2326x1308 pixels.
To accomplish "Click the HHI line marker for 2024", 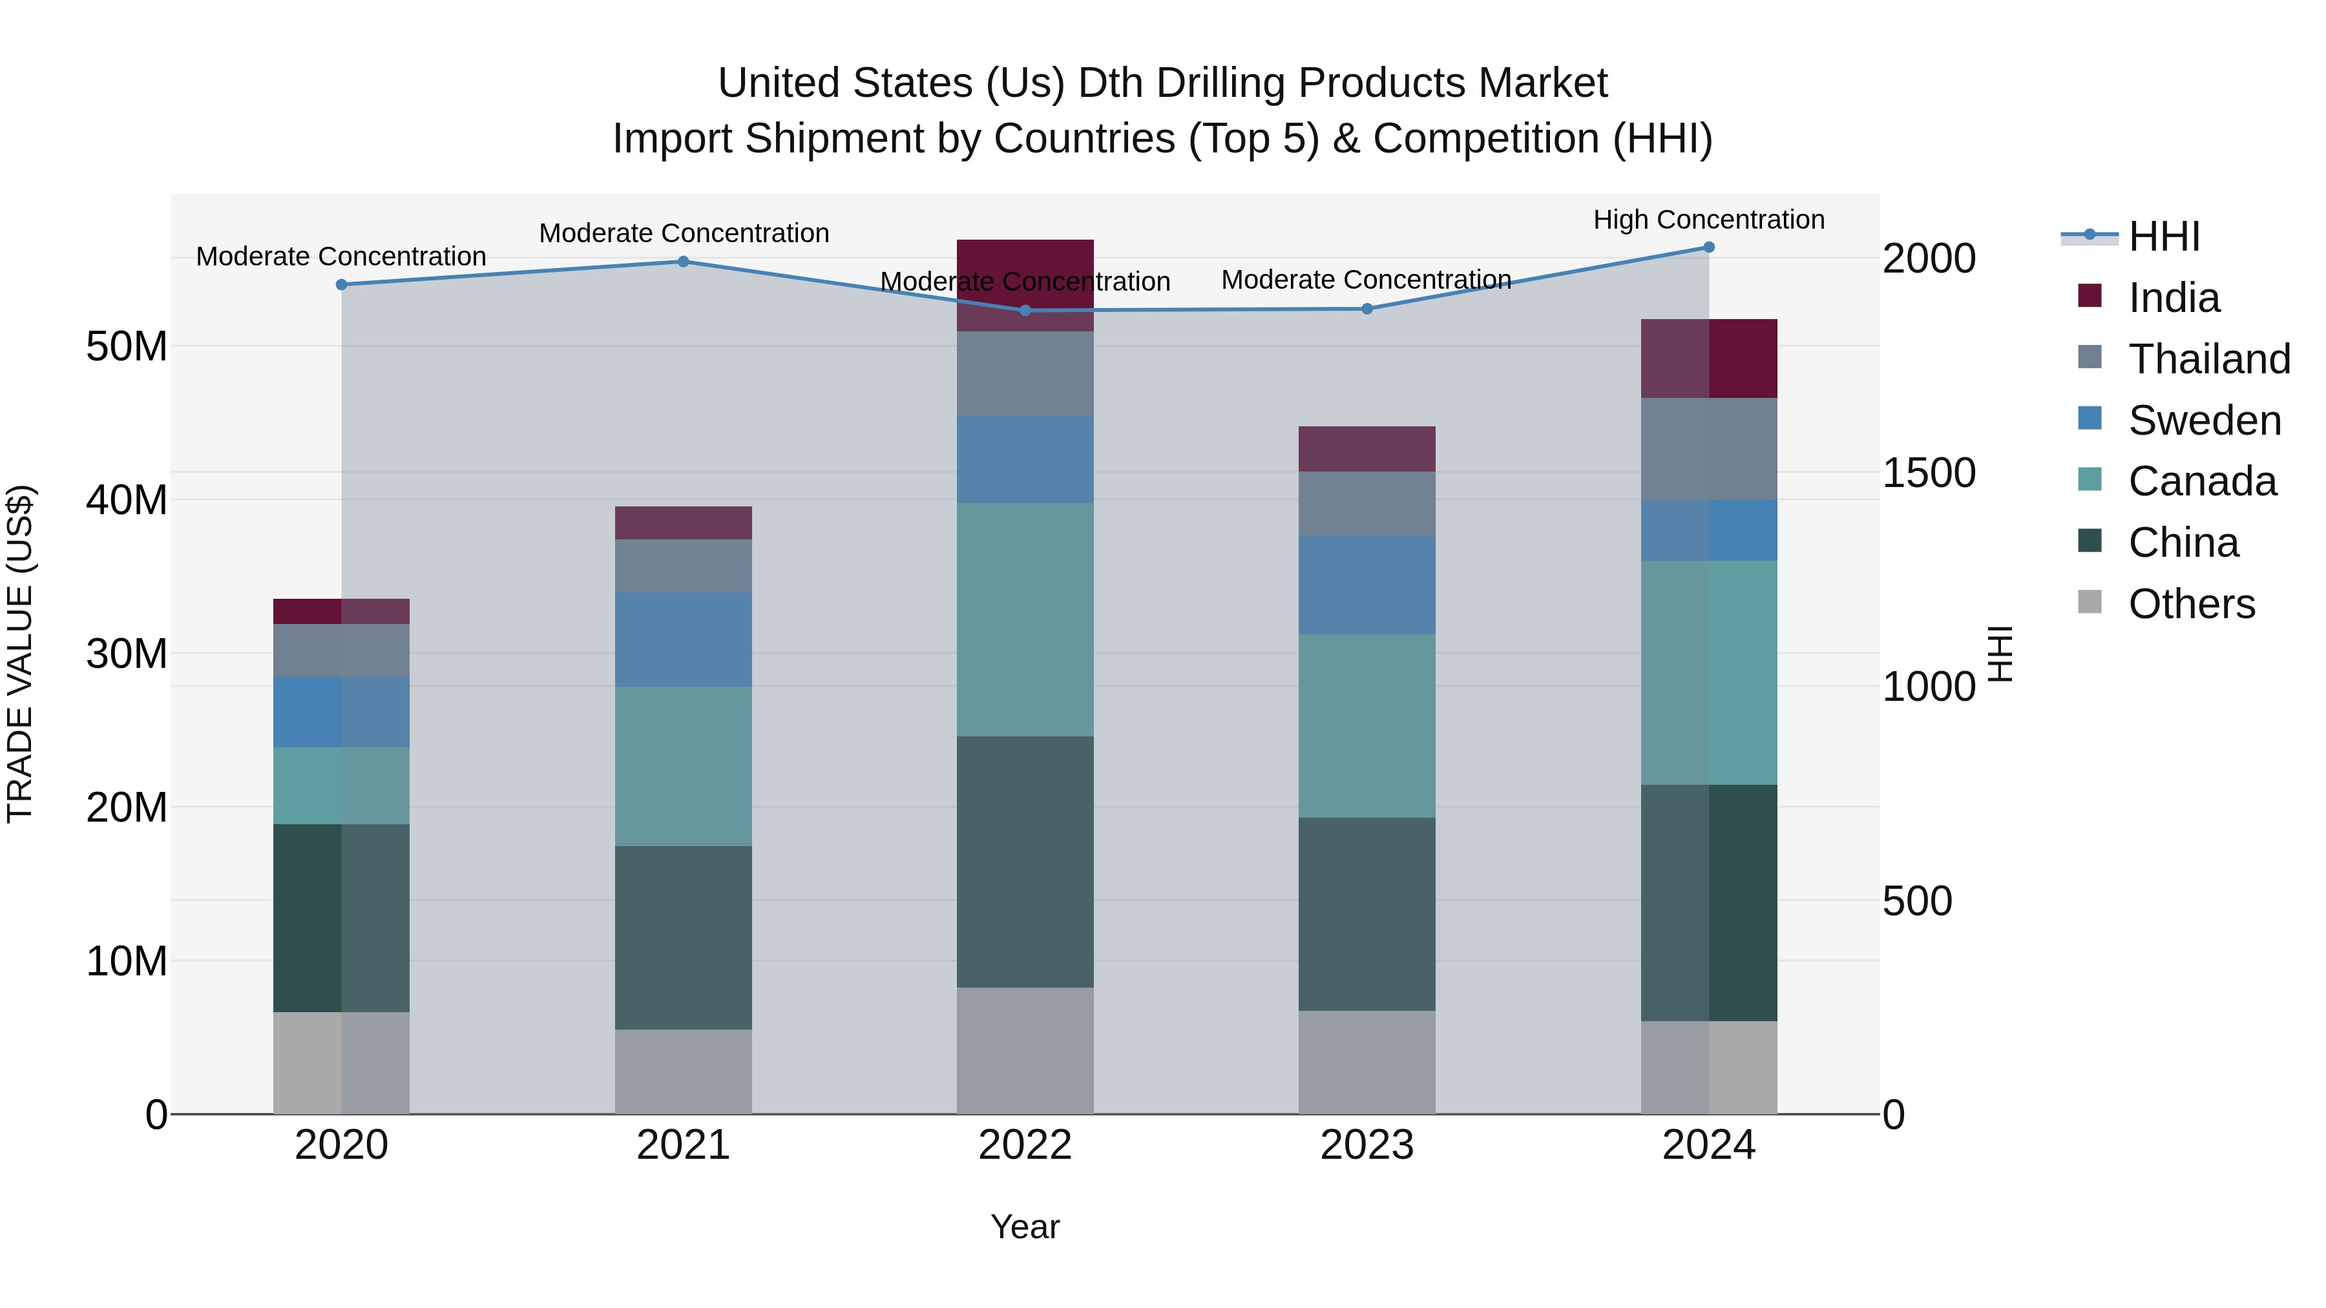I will click(1708, 247).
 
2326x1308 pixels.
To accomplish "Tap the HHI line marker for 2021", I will click(684, 262).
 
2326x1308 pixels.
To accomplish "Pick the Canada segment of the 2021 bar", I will click(684, 765).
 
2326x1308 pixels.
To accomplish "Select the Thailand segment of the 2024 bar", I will click(1708, 449).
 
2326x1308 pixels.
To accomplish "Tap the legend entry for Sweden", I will click(2203, 420).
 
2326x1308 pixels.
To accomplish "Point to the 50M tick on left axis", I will click(127, 347).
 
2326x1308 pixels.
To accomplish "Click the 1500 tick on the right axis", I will click(1929, 473).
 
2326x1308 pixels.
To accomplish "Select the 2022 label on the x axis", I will click(1025, 1145).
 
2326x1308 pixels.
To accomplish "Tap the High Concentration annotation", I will click(1708, 220).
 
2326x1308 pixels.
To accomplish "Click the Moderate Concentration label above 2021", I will click(684, 233).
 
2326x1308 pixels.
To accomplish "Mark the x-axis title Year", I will click(1025, 1227).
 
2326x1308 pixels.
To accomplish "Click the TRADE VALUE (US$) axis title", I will click(20, 654).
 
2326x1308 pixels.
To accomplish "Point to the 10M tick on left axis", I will click(127, 961).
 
